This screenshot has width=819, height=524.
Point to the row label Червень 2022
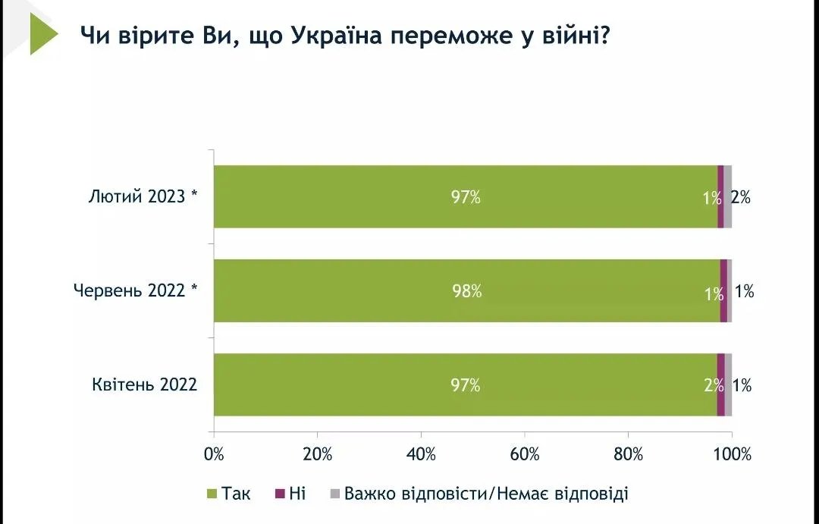click(136, 291)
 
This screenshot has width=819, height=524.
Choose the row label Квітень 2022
click(145, 385)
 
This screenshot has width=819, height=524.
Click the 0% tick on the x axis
click(215, 455)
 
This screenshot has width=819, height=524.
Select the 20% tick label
click(318, 455)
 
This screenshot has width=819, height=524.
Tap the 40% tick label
click(422, 455)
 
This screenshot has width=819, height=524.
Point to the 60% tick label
click(525, 455)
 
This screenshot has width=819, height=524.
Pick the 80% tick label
click(628, 455)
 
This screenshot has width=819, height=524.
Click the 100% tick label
click(733, 455)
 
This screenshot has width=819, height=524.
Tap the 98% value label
click(466, 291)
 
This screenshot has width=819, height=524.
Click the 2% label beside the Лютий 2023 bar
click(741, 197)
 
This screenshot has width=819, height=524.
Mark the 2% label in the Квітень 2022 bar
click(714, 385)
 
